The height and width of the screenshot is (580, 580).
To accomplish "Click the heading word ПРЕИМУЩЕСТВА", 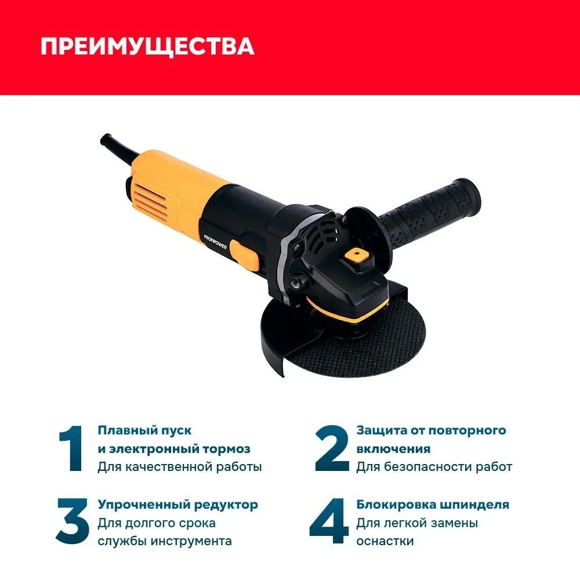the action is tap(147, 46).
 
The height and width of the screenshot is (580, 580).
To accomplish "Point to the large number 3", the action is tap(73, 521).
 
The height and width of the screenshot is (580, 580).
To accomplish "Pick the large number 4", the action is tap(329, 521).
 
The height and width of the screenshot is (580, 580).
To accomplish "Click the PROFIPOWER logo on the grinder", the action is tap(215, 241).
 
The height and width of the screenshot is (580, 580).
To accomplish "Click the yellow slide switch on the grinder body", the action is tap(244, 255).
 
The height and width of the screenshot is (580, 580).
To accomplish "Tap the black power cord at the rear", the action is tap(118, 146).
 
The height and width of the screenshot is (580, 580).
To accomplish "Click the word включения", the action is tap(393, 449).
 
